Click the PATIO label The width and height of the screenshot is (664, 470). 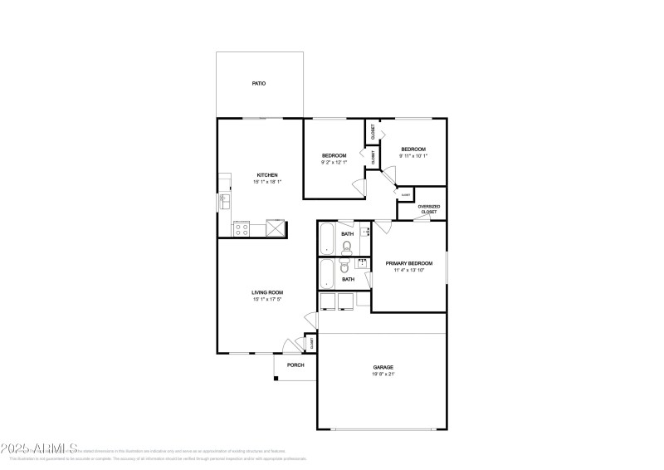pyautogui.click(x=259, y=84)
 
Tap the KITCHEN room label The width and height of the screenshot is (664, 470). pyautogui.click(x=267, y=175)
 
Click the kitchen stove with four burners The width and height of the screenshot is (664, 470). pyautogui.click(x=242, y=228)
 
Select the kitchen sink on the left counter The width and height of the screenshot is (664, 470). pyautogui.click(x=223, y=201)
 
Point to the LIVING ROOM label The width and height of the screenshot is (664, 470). pyautogui.click(x=268, y=292)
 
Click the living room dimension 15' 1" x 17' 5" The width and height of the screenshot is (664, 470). pyautogui.click(x=268, y=300)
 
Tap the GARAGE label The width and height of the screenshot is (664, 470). pyautogui.click(x=383, y=367)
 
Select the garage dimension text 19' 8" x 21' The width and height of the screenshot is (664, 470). pyautogui.click(x=383, y=375)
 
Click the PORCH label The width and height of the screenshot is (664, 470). pyautogui.click(x=295, y=365)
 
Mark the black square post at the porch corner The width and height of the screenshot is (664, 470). pyautogui.click(x=276, y=379)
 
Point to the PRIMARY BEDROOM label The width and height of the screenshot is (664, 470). pyautogui.click(x=409, y=262)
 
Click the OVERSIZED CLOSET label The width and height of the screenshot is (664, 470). pyautogui.click(x=428, y=208)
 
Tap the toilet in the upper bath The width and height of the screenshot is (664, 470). pyautogui.click(x=347, y=247)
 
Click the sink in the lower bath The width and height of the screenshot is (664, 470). pyautogui.click(x=363, y=263)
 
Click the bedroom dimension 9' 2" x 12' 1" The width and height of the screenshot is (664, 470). pyautogui.click(x=334, y=163)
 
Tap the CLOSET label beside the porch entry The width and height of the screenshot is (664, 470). pyautogui.click(x=312, y=341)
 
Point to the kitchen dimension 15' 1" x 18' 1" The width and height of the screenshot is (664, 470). pyautogui.click(x=267, y=182)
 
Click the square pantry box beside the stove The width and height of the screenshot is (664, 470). pyautogui.click(x=275, y=228)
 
